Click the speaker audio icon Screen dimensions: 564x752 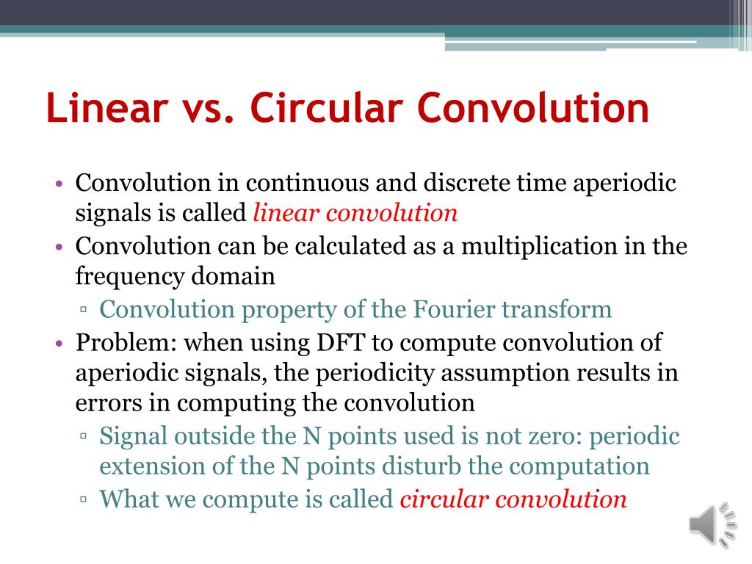(712, 524)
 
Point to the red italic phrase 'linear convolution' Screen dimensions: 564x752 (355, 213)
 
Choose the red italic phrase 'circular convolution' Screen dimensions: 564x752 (513, 499)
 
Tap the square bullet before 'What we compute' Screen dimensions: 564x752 (84, 501)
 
